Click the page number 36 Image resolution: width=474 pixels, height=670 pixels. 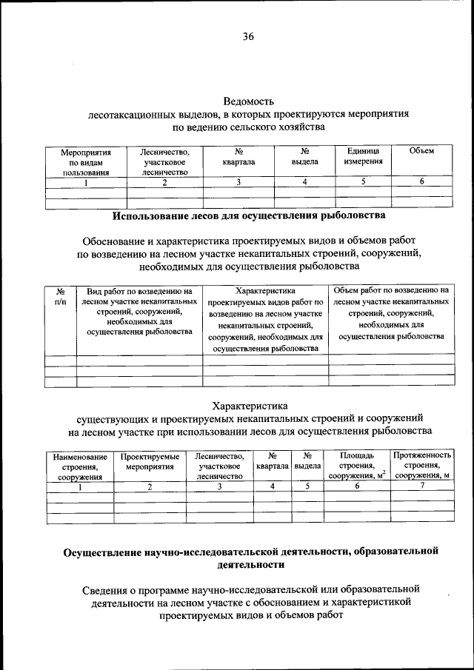[x=247, y=36]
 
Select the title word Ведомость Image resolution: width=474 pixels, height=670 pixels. [x=249, y=101]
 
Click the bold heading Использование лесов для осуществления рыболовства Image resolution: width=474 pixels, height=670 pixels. [x=249, y=216]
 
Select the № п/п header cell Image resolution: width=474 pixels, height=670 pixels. [x=61, y=296]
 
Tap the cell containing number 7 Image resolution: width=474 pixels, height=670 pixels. [x=422, y=486]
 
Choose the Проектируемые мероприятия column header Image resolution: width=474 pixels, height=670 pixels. [x=150, y=462]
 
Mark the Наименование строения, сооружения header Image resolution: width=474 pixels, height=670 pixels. [x=80, y=467]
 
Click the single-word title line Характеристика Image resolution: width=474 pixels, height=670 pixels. [x=249, y=405]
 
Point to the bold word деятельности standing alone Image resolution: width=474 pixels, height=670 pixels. [x=251, y=564]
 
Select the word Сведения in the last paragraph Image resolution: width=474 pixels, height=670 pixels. [x=112, y=589]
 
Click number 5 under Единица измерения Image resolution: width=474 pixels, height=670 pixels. [x=363, y=182]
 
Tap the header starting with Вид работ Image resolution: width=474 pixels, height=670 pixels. [x=139, y=312]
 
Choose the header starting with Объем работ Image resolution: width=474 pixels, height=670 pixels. [x=391, y=312]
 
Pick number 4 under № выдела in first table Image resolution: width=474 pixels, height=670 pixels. [x=304, y=182]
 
